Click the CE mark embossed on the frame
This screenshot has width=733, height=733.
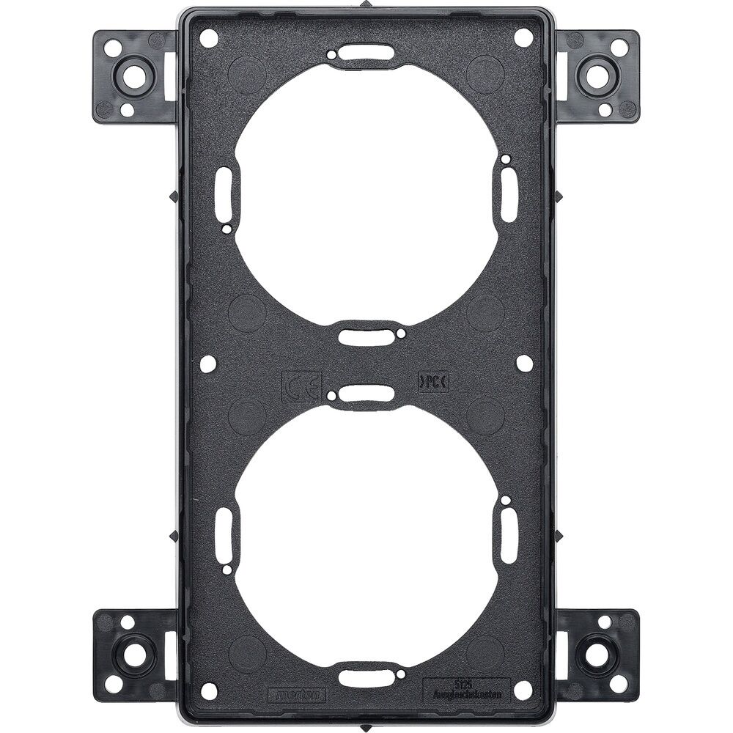point(301,384)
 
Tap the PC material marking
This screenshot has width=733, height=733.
point(433,381)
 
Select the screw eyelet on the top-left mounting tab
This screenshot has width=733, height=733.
point(134,75)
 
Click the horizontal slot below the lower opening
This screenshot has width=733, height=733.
point(366,676)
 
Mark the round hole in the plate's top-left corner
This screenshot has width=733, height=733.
point(209,38)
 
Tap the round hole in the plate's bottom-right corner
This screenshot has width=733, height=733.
point(523,690)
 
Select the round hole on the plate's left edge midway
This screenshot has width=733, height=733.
point(208,362)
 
